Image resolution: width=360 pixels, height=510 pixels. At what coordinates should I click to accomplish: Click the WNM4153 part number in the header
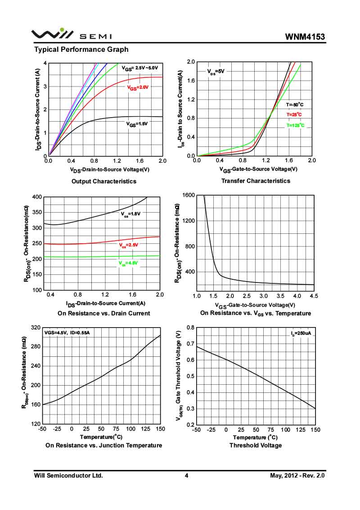[305, 36]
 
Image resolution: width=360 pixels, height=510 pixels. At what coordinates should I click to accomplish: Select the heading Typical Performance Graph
[81, 50]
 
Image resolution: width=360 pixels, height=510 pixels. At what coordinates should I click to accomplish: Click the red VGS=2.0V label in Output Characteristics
[137, 87]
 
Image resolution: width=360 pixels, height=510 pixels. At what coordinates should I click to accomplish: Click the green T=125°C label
[295, 126]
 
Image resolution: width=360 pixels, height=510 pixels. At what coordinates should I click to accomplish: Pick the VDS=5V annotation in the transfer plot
[216, 72]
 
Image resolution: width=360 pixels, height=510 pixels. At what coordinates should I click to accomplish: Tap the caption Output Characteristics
[104, 181]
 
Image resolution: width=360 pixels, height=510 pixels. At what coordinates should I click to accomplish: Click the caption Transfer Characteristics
[256, 181]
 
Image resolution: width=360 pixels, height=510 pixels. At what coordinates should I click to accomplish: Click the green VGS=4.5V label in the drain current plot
[128, 263]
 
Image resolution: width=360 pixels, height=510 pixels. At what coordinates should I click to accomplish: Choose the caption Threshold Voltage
[256, 445]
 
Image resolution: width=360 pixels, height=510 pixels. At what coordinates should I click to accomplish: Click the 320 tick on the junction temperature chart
[35, 327]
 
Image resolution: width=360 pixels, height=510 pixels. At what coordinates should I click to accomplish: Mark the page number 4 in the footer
[186, 475]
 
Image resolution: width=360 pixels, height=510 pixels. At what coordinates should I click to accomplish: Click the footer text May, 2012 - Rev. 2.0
[297, 475]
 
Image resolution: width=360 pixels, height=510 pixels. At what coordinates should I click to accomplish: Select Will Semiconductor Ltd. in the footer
[68, 475]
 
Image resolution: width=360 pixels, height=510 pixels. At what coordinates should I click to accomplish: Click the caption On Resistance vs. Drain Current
[104, 313]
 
